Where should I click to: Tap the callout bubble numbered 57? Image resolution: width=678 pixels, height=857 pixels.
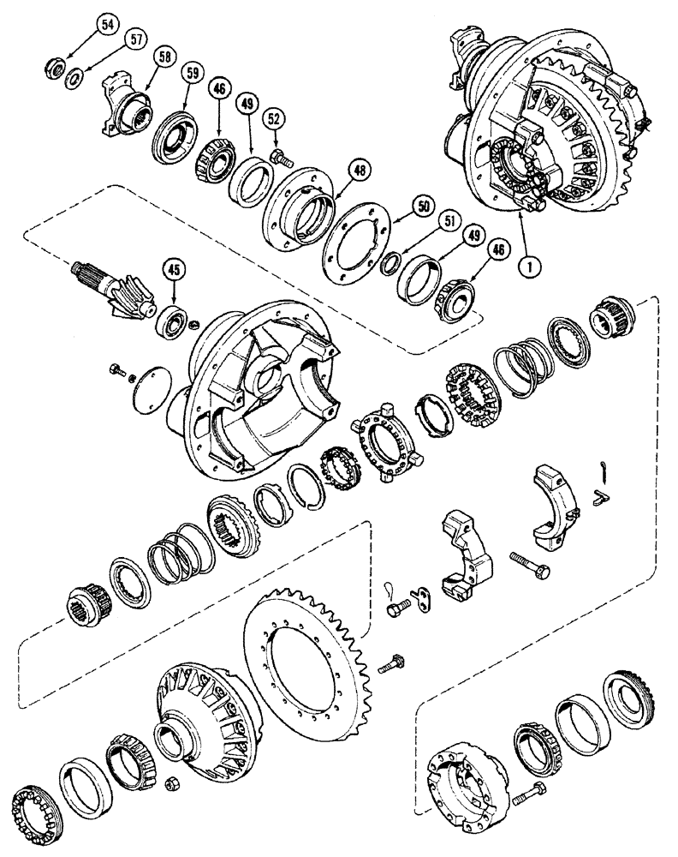[x=134, y=39]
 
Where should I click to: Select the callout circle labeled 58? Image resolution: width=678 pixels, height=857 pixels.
[x=164, y=57]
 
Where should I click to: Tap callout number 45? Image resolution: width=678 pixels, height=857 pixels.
[x=174, y=272]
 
